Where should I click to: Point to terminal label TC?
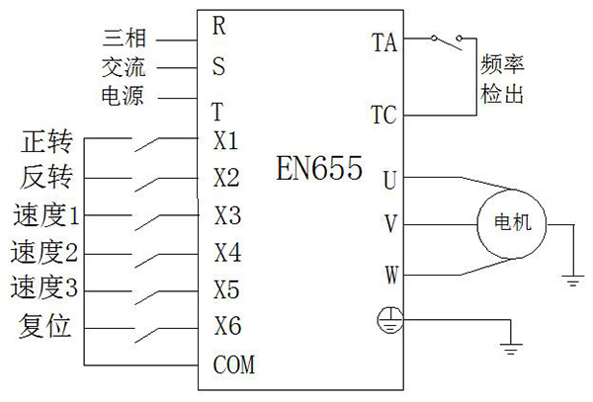coord(383,115)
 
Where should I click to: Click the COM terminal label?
coord(234,366)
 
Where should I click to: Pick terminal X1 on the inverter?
coord(225,140)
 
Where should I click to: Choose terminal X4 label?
coord(226,252)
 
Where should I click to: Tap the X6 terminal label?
coord(226,326)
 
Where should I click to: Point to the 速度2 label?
coord(44,252)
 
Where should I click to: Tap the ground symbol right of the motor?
coord(572,281)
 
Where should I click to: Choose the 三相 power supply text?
coord(125,39)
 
